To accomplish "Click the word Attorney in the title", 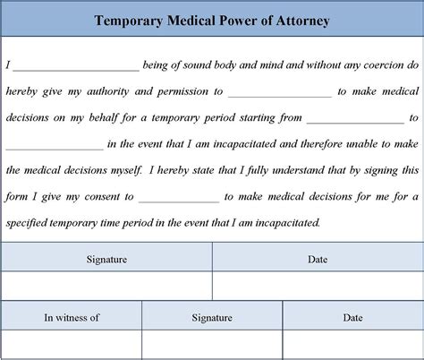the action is (297, 20).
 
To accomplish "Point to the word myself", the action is (123, 169).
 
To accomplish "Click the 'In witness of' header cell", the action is (72, 317).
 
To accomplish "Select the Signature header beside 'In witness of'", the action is (212, 317).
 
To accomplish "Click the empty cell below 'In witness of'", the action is (72, 344).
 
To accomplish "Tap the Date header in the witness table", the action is (352, 317).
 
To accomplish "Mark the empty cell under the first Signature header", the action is (106, 286).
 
